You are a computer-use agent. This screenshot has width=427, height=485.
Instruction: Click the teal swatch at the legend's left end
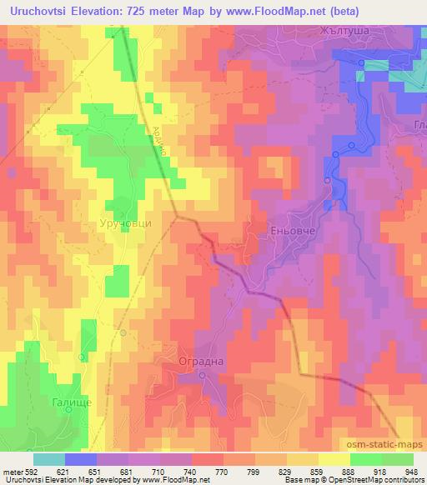tap(49, 459)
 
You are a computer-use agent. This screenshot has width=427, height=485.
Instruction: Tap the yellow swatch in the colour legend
tap(333, 459)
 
